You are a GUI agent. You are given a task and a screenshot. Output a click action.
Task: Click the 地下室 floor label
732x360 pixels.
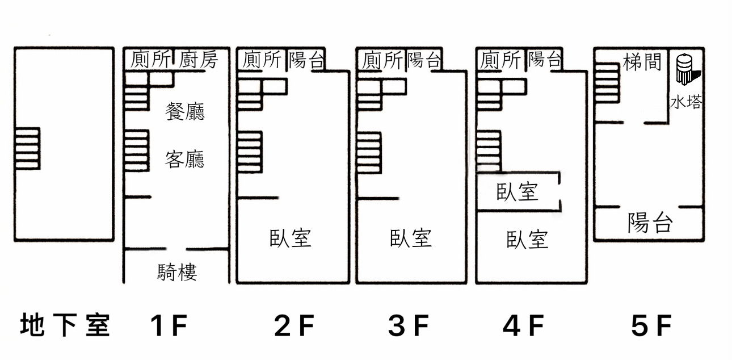click(65, 325)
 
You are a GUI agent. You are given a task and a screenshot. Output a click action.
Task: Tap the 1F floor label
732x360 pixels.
click(169, 325)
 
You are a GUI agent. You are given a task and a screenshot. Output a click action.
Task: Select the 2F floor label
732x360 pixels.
click(294, 325)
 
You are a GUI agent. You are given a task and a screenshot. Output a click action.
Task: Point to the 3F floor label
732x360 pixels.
click(409, 325)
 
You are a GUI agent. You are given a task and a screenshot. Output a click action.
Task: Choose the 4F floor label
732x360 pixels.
click(524, 325)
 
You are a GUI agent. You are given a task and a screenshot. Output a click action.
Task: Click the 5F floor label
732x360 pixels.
click(651, 325)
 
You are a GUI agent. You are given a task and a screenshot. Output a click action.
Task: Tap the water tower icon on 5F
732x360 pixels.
click(687, 70)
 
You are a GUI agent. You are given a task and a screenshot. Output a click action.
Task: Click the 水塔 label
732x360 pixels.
click(686, 102)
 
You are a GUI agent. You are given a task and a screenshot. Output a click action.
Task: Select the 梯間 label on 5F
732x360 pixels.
click(642, 62)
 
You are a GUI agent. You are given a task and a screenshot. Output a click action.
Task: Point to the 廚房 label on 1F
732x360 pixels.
click(199, 59)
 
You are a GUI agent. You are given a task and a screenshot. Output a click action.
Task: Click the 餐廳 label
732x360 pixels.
click(185, 111)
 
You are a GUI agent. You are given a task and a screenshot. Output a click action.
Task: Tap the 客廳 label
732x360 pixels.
click(184, 159)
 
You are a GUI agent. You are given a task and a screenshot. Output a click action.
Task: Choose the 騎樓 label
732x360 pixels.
click(177, 272)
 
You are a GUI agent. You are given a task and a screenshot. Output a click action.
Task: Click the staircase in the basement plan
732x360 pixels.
click(27, 148)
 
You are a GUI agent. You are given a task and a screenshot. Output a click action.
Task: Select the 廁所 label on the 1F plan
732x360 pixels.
click(150, 59)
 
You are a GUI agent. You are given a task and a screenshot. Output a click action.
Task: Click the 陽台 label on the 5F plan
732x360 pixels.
click(650, 223)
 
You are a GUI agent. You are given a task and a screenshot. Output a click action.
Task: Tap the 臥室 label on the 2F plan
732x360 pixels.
click(290, 238)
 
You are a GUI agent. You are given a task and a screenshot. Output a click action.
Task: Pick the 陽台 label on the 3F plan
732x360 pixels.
click(424, 59)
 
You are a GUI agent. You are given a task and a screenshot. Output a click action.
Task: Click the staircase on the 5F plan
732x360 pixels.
click(607, 83)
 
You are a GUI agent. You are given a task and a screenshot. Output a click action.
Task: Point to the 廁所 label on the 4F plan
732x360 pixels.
click(500, 60)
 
